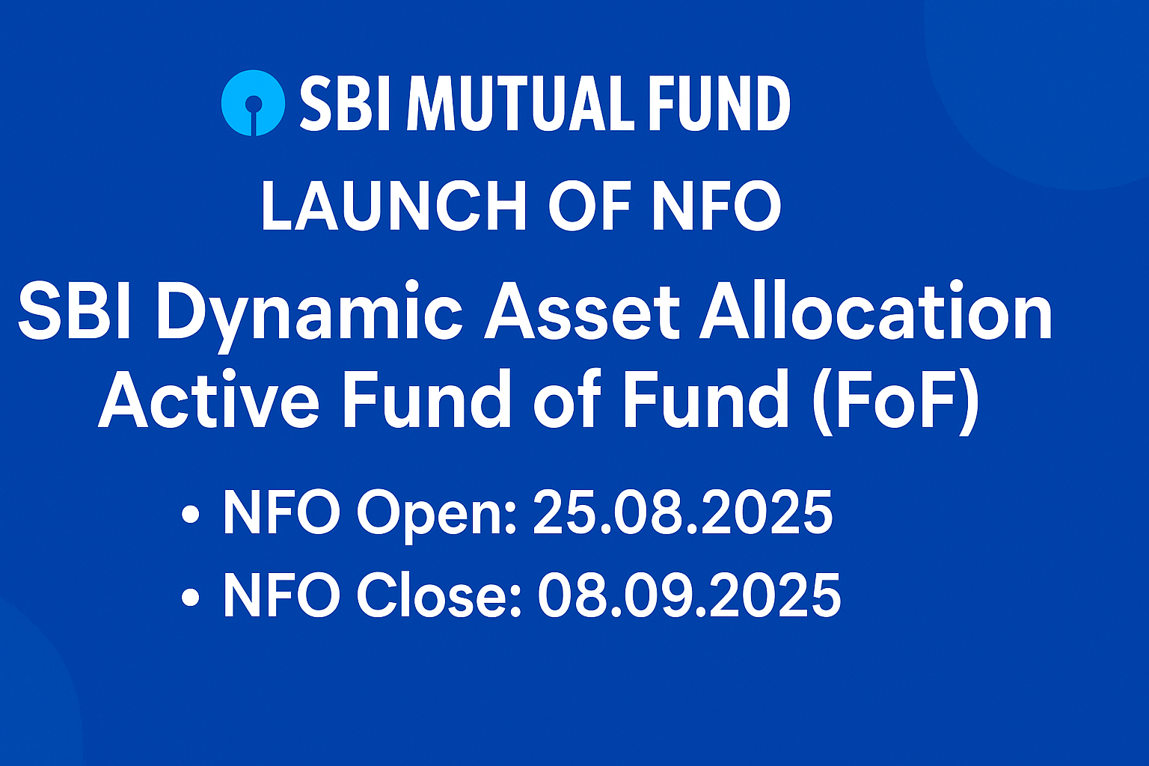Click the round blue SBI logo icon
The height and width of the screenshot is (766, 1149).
point(253,103)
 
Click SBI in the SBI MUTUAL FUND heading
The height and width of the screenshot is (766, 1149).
point(346,103)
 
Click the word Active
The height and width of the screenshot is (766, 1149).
point(209,399)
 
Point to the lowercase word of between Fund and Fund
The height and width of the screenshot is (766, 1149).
point(567,399)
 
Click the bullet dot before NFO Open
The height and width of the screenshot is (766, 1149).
point(190,514)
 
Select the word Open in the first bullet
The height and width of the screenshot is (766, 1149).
point(437,515)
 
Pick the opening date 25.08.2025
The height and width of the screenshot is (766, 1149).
point(683,512)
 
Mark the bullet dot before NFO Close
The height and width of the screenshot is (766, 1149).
point(190,597)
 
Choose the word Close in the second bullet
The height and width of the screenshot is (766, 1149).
point(439,594)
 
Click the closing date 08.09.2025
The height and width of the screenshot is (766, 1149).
point(689,594)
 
